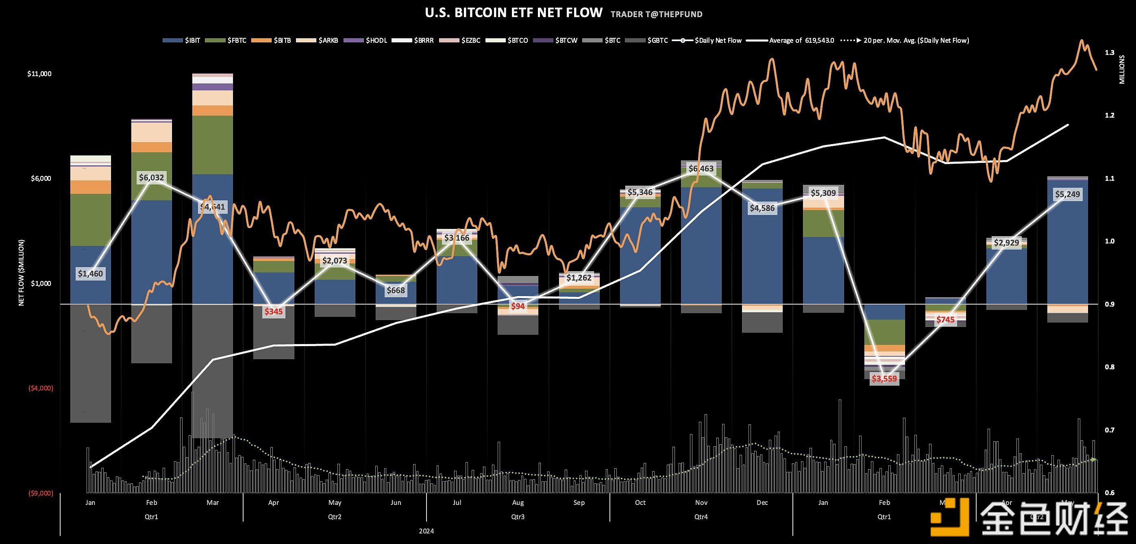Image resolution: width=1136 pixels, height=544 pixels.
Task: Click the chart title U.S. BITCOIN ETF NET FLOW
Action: (x=514, y=13)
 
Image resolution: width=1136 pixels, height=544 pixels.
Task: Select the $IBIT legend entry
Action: (x=182, y=40)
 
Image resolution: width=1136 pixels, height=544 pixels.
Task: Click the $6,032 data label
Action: (x=151, y=178)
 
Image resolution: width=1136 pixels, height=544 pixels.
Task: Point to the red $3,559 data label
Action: (x=884, y=378)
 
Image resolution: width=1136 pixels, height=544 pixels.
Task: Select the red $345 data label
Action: (x=273, y=311)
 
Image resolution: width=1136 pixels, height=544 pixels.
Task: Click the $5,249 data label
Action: (x=1067, y=194)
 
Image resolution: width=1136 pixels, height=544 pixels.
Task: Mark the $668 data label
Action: (x=396, y=290)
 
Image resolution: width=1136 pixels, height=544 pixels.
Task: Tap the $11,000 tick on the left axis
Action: (x=39, y=74)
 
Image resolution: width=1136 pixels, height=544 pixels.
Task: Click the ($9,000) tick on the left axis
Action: (x=41, y=493)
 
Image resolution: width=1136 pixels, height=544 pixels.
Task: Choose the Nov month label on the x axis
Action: (x=701, y=502)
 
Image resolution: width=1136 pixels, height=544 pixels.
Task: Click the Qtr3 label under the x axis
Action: (x=518, y=516)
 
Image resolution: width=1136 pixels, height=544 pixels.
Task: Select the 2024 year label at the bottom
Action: (x=427, y=531)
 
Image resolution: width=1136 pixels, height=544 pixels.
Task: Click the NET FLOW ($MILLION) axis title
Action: (x=21, y=272)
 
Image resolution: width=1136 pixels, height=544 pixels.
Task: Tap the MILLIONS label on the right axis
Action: (x=1122, y=69)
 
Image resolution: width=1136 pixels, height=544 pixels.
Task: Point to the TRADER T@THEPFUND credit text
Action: (x=656, y=14)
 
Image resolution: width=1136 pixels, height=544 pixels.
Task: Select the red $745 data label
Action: (x=945, y=320)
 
